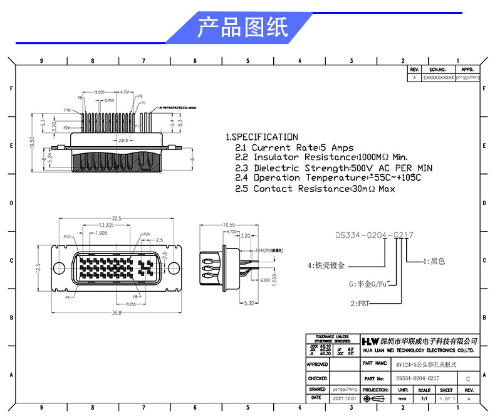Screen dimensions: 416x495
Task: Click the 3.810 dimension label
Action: point(123,141)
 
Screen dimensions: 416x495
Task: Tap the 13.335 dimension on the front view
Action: point(105,225)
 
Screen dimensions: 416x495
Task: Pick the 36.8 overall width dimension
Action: point(117,312)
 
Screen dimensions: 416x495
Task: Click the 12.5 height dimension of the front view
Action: point(38,268)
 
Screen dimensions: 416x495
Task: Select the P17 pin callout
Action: point(67,237)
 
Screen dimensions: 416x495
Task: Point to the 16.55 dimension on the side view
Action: point(228,225)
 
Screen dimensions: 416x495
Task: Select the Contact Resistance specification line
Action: point(324,188)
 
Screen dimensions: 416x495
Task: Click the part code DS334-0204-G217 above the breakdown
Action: point(374,235)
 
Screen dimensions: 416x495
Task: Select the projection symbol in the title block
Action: point(375,399)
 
